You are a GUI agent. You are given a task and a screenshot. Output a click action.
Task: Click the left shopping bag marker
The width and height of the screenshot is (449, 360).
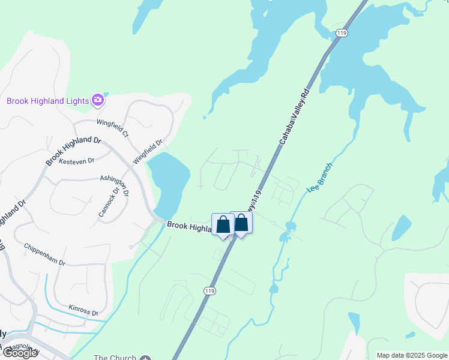[x=223, y=225]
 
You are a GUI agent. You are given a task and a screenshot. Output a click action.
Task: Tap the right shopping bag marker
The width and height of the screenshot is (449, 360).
[x=241, y=223]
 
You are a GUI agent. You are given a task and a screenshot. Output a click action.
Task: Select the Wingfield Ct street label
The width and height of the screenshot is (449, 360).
[x=113, y=127]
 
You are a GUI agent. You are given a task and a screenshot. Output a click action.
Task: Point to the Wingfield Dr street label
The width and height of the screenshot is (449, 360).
[x=148, y=152]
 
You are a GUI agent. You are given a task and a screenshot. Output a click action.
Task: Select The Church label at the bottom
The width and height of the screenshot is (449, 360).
[x=115, y=357]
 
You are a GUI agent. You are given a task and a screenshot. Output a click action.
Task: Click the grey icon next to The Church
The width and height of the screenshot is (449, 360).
[x=145, y=358]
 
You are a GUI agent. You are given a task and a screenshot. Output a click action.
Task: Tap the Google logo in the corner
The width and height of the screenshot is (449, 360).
[x=20, y=353]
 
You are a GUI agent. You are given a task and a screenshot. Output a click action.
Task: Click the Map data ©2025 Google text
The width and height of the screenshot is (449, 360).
[x=412, y=355]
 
